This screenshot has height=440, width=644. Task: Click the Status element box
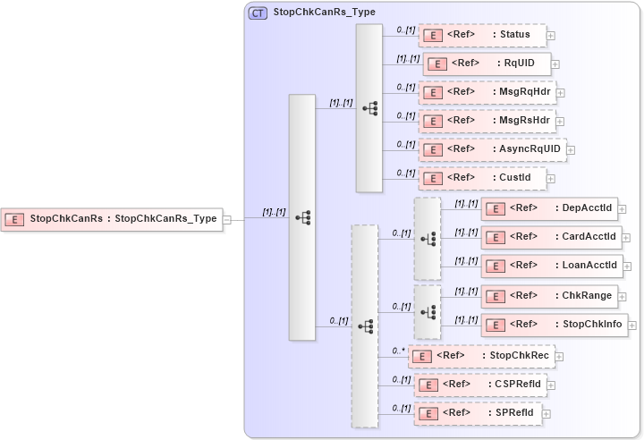pyautogui.click(x=482, y=35)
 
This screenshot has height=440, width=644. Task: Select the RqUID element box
pyautogui.click(x=487, y=63)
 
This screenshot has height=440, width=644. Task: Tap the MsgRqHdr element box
pyautogui.click(x=487, y=92)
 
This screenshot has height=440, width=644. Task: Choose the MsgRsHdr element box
pyautogui.click(x=487, y=120)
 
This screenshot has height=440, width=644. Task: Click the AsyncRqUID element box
pyautogui.click(x=492, y=148)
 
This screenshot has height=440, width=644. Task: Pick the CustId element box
pyautogui.click(x=482, y=178)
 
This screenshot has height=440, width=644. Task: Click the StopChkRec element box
pyautogui.click(x=481, y=355)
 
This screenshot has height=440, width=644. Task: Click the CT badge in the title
pyautogui.click(x=258, y=13)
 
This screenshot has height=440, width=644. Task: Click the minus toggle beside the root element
pyautogui.click(x=227, y=218)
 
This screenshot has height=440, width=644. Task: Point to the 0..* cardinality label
pyautogui.click(x=399, y=351)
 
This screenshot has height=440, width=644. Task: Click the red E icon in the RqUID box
pyautogui.click(x=437, y=64)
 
